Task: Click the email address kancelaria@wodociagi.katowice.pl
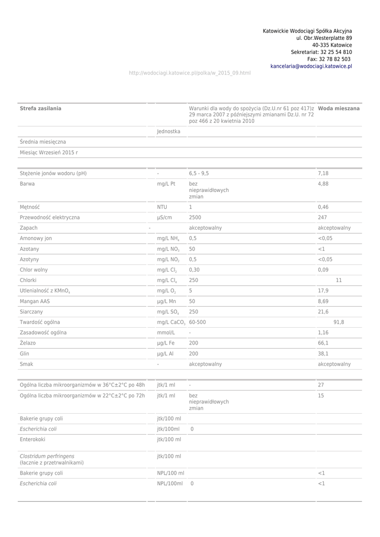tap(311, 67)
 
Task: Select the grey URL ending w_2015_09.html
tap(190, 73)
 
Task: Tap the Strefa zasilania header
tap(40, 108)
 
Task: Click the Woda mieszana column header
tap(339, 108)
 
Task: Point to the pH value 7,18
tap(323, 173)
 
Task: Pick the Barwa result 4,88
tap(323, 184)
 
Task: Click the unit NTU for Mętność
tap(162, 207)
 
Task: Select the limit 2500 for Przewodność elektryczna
tap(195, 217)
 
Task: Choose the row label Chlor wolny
tap(34, 270)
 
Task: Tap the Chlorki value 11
tap(339, 280)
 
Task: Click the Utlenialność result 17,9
tap(323, 291)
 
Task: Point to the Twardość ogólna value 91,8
tap(339, 322)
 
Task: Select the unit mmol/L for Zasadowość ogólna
tap(166, 332)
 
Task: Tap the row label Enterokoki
tap(32, 439)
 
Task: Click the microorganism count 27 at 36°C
tap(321, 385)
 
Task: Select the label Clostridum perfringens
tap(47, 456)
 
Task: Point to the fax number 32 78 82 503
tap(335, 59)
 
